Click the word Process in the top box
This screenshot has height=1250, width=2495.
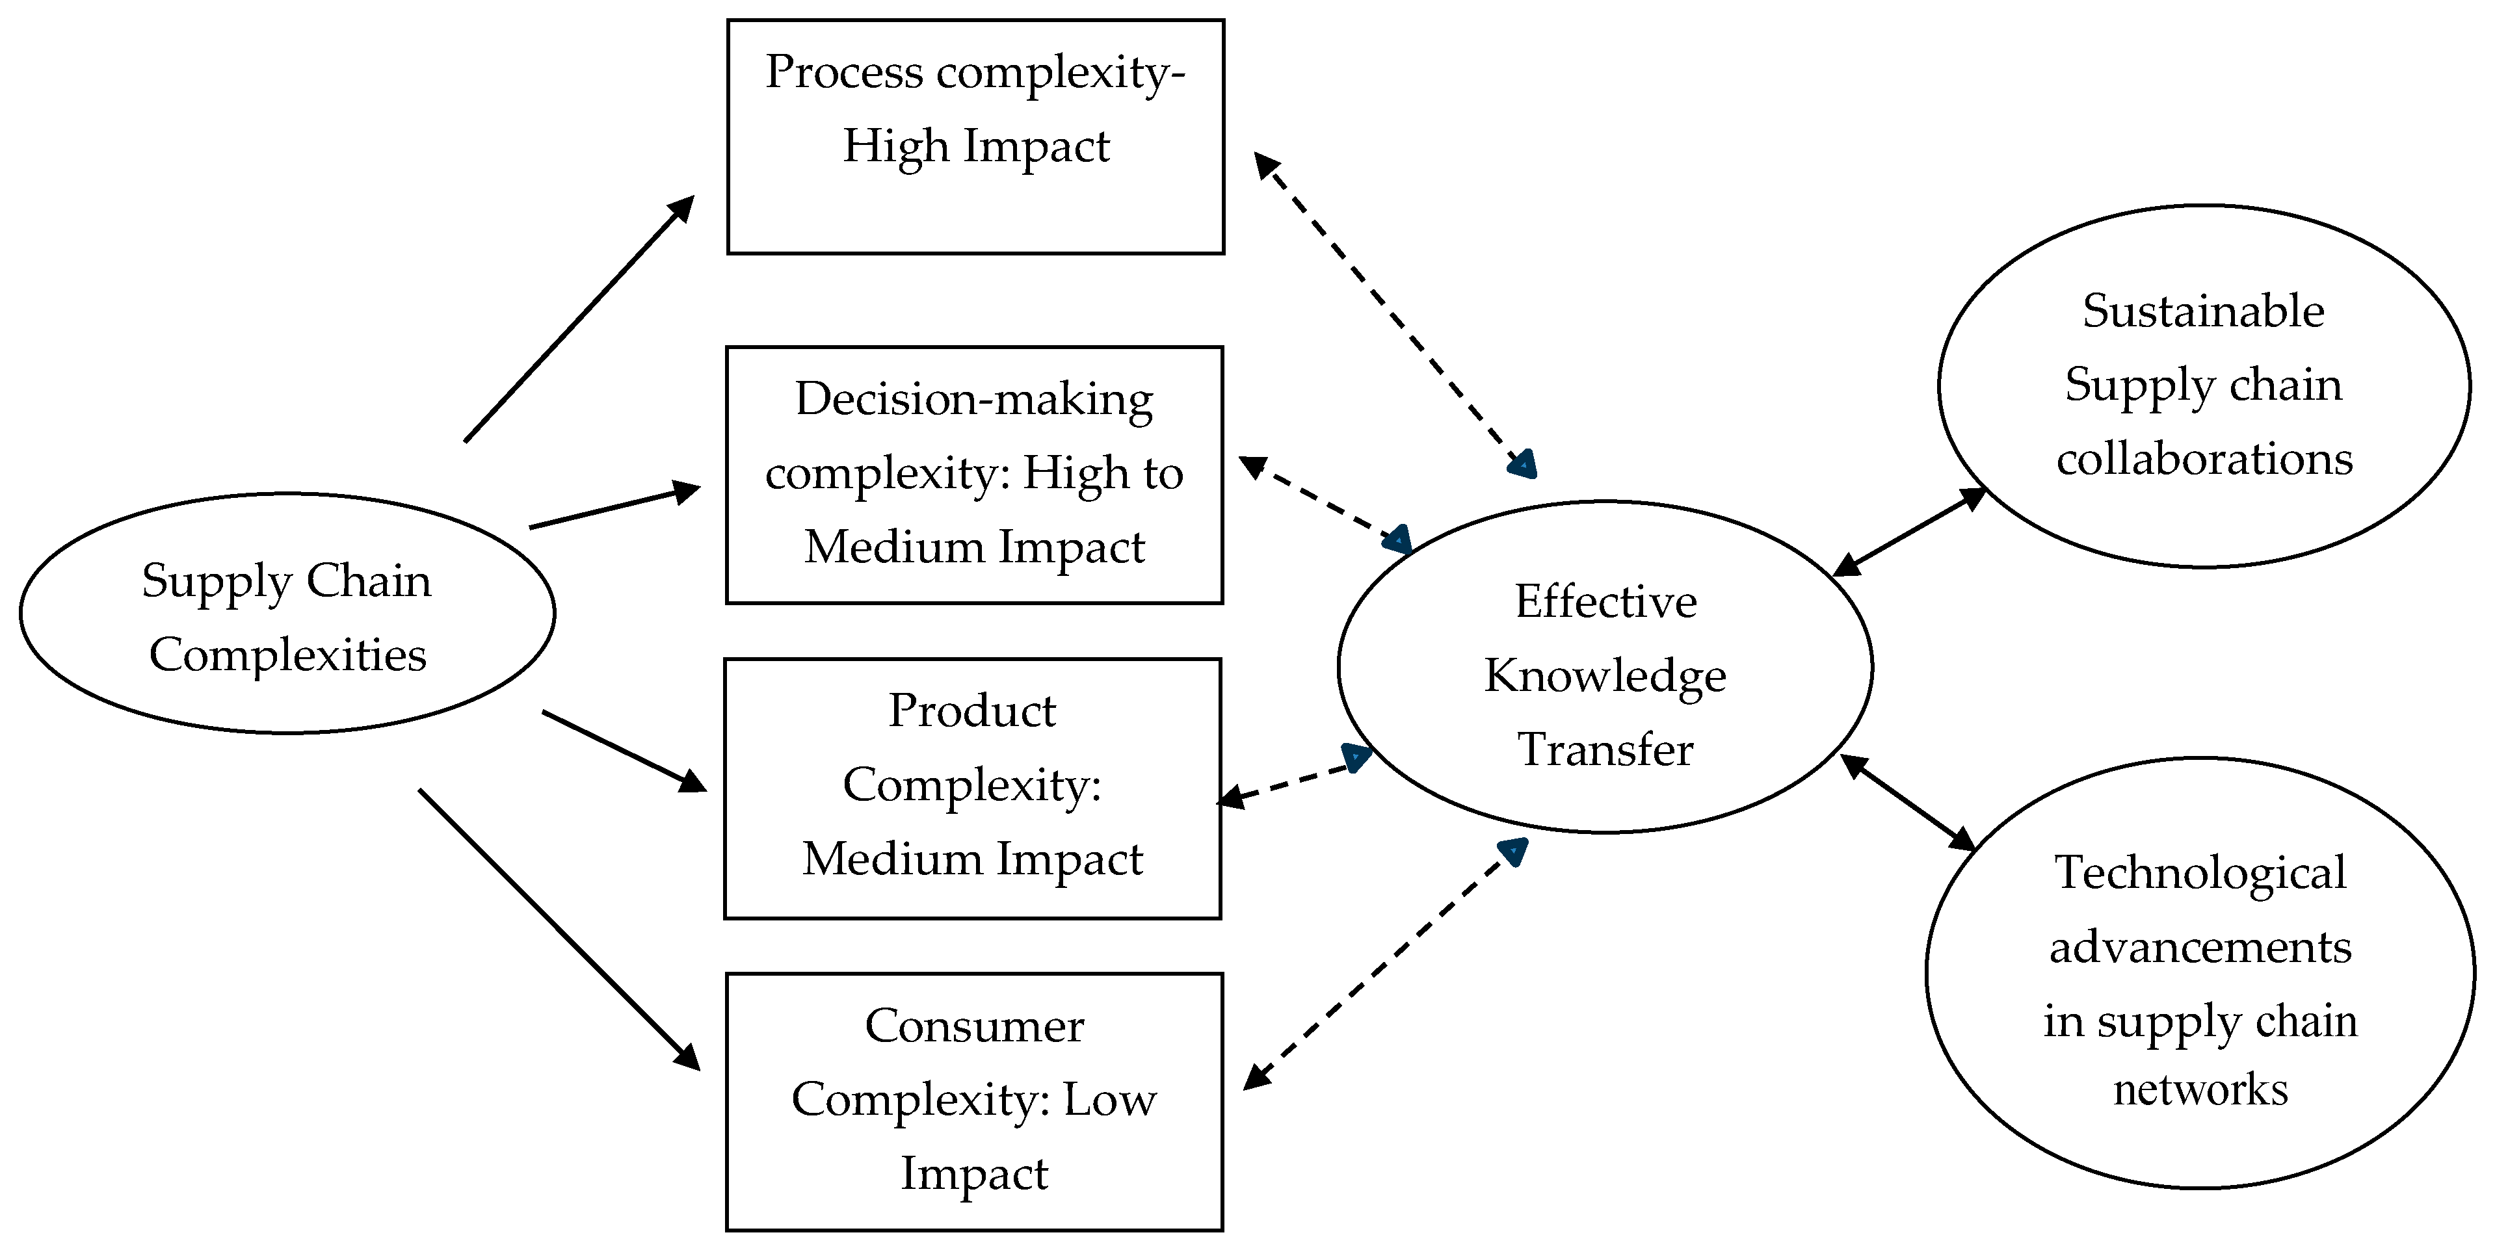[843, 73]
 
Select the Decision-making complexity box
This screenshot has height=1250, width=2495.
[974, 475]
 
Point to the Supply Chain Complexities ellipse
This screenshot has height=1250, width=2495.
[287, 614]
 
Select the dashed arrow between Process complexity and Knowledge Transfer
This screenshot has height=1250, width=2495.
[1395, 315]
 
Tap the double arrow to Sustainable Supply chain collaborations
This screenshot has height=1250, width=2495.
[1909, 532]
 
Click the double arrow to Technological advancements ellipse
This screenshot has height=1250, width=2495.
[1906, 803]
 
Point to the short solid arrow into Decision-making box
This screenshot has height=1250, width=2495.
[614, 506]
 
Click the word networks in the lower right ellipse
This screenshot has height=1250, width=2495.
[2200, 1090]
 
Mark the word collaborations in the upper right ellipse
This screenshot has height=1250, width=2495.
[2204, 459]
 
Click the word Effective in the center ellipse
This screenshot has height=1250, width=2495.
[1605, 602]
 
